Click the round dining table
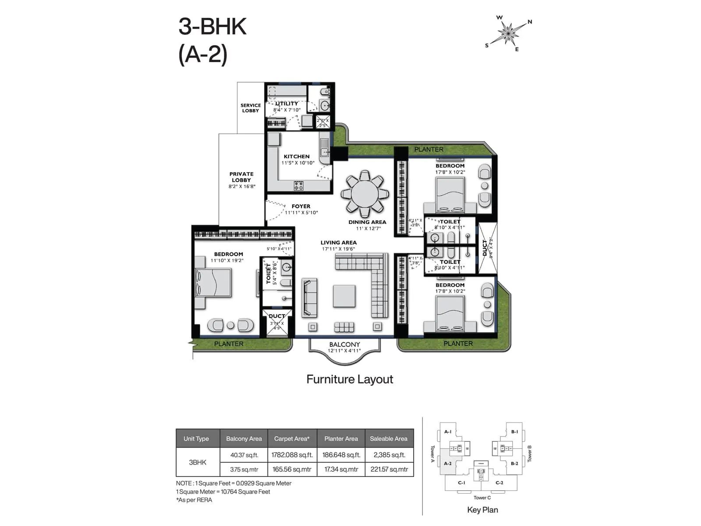(x=365, y=194)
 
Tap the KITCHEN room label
(x=297, y=156)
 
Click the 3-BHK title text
(x=212, y=27)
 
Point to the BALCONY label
(x=344, y=345)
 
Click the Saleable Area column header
(x=389, y=438)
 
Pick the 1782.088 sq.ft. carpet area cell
(x=292, y=455)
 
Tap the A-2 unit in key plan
(x=448, y=463)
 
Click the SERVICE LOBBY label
(x=251, y=108)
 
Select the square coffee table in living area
(x=344, y=296)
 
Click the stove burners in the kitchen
(x=298, y=185)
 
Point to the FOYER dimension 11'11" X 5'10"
(x=301, y=213)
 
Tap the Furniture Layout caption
(x=350, y=379)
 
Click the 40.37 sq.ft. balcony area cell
(x=244, y=455)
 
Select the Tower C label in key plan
(x=482, y=498)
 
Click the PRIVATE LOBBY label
(x=241, y=177)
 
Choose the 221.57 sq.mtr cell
(x=389, y=469)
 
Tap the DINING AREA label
(x=367, y=222)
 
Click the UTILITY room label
(x=287, y=104)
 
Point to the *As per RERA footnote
(x=194, y=500)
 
